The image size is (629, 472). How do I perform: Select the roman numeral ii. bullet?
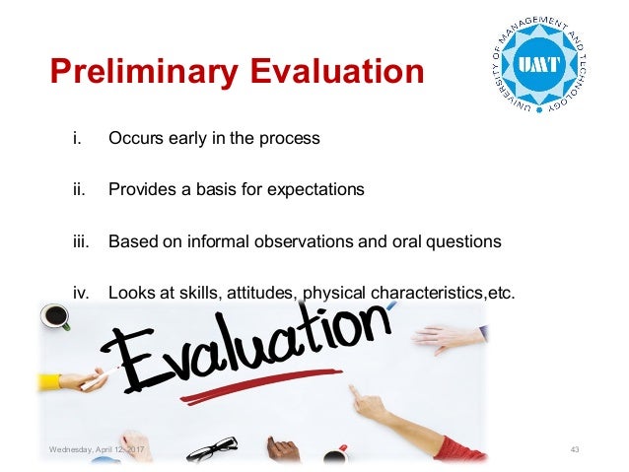78,190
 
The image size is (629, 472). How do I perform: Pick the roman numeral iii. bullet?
80,241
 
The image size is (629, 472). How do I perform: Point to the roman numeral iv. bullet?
81,293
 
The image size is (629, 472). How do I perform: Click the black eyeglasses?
212,449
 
